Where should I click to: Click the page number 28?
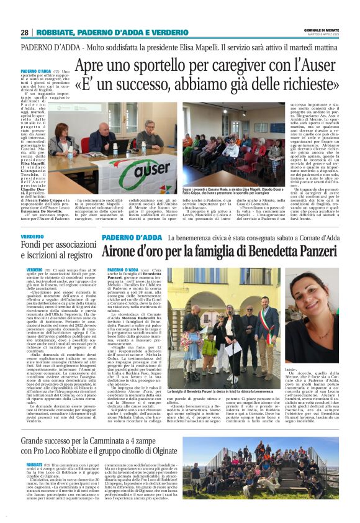point(24,32)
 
